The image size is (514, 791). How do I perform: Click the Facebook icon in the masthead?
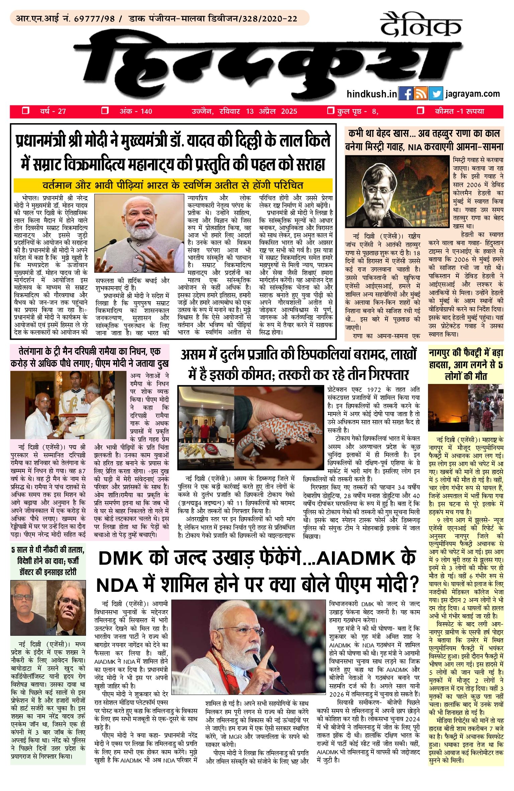coord(406,94)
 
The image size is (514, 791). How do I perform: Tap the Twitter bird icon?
coord(435,94)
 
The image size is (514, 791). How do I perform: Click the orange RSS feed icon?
coord(420,94)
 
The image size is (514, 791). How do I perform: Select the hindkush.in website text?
coord(371,94)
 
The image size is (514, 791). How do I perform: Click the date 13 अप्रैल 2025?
coord(271,111)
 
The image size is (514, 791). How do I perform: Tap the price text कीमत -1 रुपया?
coord(459,111)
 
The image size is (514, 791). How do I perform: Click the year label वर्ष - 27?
coord(53,111)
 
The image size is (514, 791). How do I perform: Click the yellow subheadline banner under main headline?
coord(173,185)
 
